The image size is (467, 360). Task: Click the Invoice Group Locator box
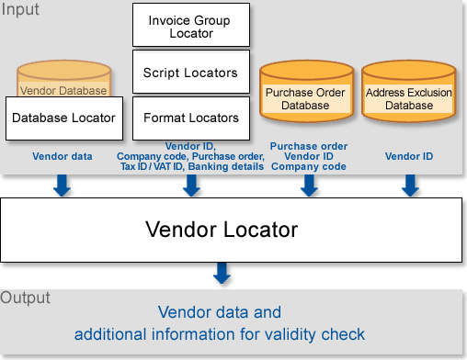[191, 26]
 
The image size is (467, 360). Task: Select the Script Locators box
[191, 73]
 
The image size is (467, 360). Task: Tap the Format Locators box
[191, 118]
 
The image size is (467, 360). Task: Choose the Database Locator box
[63, 118]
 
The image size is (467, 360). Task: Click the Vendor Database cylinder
[63, 83]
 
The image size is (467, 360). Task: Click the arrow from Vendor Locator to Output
[222, 273]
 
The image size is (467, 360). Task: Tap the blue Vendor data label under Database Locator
[63, 156]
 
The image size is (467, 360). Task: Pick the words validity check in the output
[323, 333]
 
